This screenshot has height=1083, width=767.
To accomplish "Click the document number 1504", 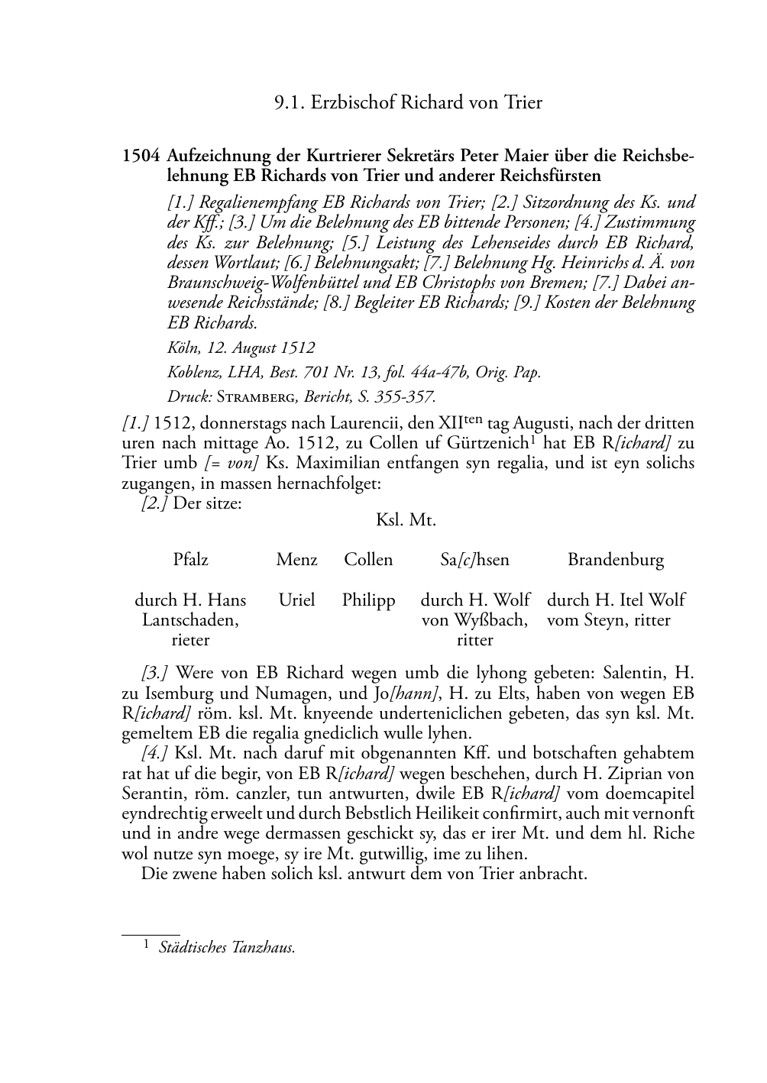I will (141, 157).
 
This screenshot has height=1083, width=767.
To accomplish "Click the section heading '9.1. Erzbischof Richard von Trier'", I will (408, 102).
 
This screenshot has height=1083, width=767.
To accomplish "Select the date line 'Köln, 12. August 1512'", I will (241, 348).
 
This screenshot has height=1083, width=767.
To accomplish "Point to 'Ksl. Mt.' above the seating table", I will (406, 520).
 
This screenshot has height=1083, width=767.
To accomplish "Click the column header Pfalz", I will (190, 560).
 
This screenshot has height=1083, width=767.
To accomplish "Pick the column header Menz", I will (296, 560).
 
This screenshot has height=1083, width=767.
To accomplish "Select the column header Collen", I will (368, 560).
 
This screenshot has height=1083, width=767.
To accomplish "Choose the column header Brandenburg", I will (616, 560).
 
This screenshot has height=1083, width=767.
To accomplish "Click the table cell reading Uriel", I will (296, 600).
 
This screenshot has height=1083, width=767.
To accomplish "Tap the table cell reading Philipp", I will (368, 600).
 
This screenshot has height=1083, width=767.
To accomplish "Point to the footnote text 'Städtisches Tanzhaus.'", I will (227, 948).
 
